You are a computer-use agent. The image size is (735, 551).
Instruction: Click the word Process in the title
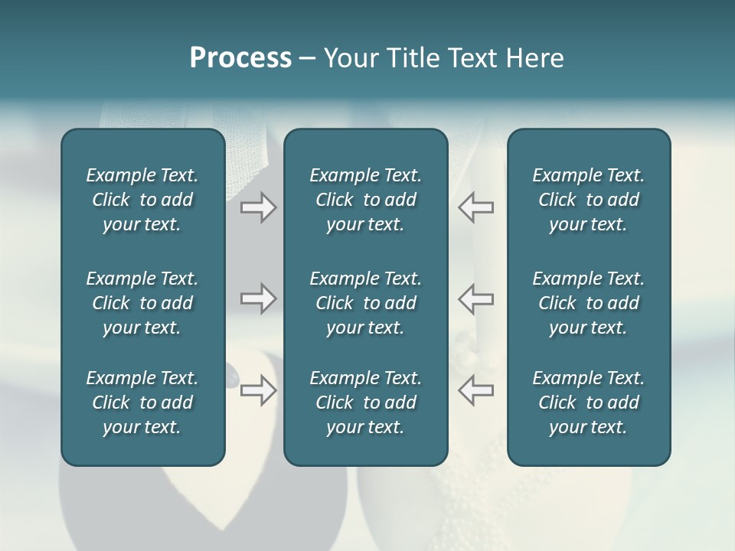tap(240, 58)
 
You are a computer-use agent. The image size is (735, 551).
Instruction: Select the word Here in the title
tap(534, 58)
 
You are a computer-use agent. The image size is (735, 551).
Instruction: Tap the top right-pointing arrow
tap(258, 207)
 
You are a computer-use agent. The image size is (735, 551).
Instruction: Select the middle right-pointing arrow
tap(258, 298)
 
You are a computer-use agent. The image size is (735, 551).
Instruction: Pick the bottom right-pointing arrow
tap(258, 390)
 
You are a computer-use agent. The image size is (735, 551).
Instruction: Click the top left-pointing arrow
tap(475, 207)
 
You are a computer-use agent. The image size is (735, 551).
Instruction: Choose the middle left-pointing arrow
tap(475, 298)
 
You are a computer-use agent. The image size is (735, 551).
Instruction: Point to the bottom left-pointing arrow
tap(475, 390)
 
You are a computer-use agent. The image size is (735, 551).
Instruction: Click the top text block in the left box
tap(142, 200)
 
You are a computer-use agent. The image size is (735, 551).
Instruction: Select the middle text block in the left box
tap(142, 303)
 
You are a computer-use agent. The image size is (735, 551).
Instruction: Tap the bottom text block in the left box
tap(142, 403)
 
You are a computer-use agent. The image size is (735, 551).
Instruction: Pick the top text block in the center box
tap(365, 200)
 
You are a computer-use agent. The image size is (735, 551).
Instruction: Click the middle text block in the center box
tap(365, 303)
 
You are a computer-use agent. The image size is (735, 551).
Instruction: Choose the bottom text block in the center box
tap(365, 403)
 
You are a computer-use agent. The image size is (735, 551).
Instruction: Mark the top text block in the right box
tap(588, 200)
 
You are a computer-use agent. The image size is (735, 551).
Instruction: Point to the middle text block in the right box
tap(588, 303)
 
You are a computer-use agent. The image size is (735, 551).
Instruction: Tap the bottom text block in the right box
tap(588, 403)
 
